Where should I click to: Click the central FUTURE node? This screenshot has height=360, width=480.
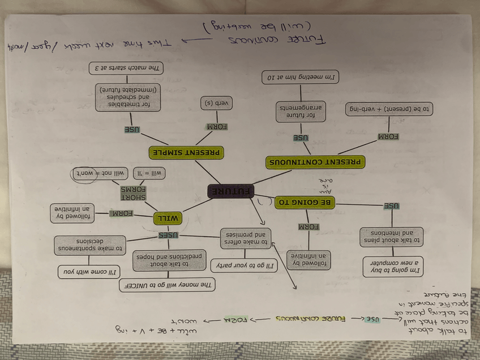(231, 191)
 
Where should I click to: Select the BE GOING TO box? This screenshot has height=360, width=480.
(304, 202)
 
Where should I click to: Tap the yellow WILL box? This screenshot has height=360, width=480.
(168, 218)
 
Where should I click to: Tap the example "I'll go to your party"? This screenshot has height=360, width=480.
(245, 264)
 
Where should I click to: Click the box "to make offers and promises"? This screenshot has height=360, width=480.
(245, 238)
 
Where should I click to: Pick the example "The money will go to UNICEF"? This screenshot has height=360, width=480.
(167, 285)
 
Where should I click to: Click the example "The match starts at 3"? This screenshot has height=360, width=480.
(126, 68)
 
